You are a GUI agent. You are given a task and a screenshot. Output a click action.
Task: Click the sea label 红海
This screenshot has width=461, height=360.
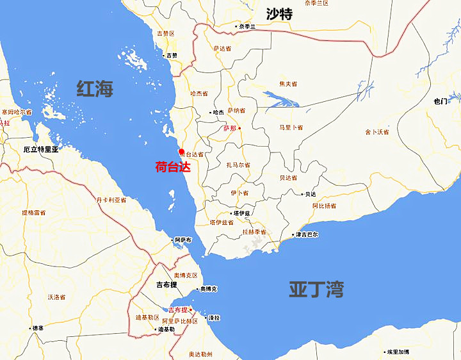pyautogui.click(x=95, y=88)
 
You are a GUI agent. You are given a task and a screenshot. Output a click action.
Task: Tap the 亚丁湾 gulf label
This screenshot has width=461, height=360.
pyautogui.click(x=316, y=289)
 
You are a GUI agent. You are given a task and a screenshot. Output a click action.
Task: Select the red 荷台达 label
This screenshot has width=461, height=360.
pyautogui.click(x=173, y=168)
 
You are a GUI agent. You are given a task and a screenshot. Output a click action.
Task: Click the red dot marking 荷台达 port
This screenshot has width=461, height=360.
pyautogui.click(x=181, y=152)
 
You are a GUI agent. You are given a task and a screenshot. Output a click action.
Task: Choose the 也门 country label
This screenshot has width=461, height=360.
pyautogui.click(x=440, y=101)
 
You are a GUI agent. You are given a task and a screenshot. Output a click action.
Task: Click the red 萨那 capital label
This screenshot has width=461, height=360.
pyautogui.click(x=229, y=128)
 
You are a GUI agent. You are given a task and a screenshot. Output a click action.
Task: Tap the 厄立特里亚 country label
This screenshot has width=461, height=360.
pyautogui.click(x=40, y=149)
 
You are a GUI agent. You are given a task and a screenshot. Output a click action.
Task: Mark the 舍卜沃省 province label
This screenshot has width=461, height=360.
pyautogui.click(x=377, y=132)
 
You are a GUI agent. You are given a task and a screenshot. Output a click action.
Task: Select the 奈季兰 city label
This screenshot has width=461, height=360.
pyautogui.click(x=247, y=27)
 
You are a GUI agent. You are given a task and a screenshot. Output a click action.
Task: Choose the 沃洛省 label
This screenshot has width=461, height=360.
pyautogui.click(x=57, y=297)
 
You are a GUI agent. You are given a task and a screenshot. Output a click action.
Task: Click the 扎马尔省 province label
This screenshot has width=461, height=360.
pyautogui.click(x=238, y=165)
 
